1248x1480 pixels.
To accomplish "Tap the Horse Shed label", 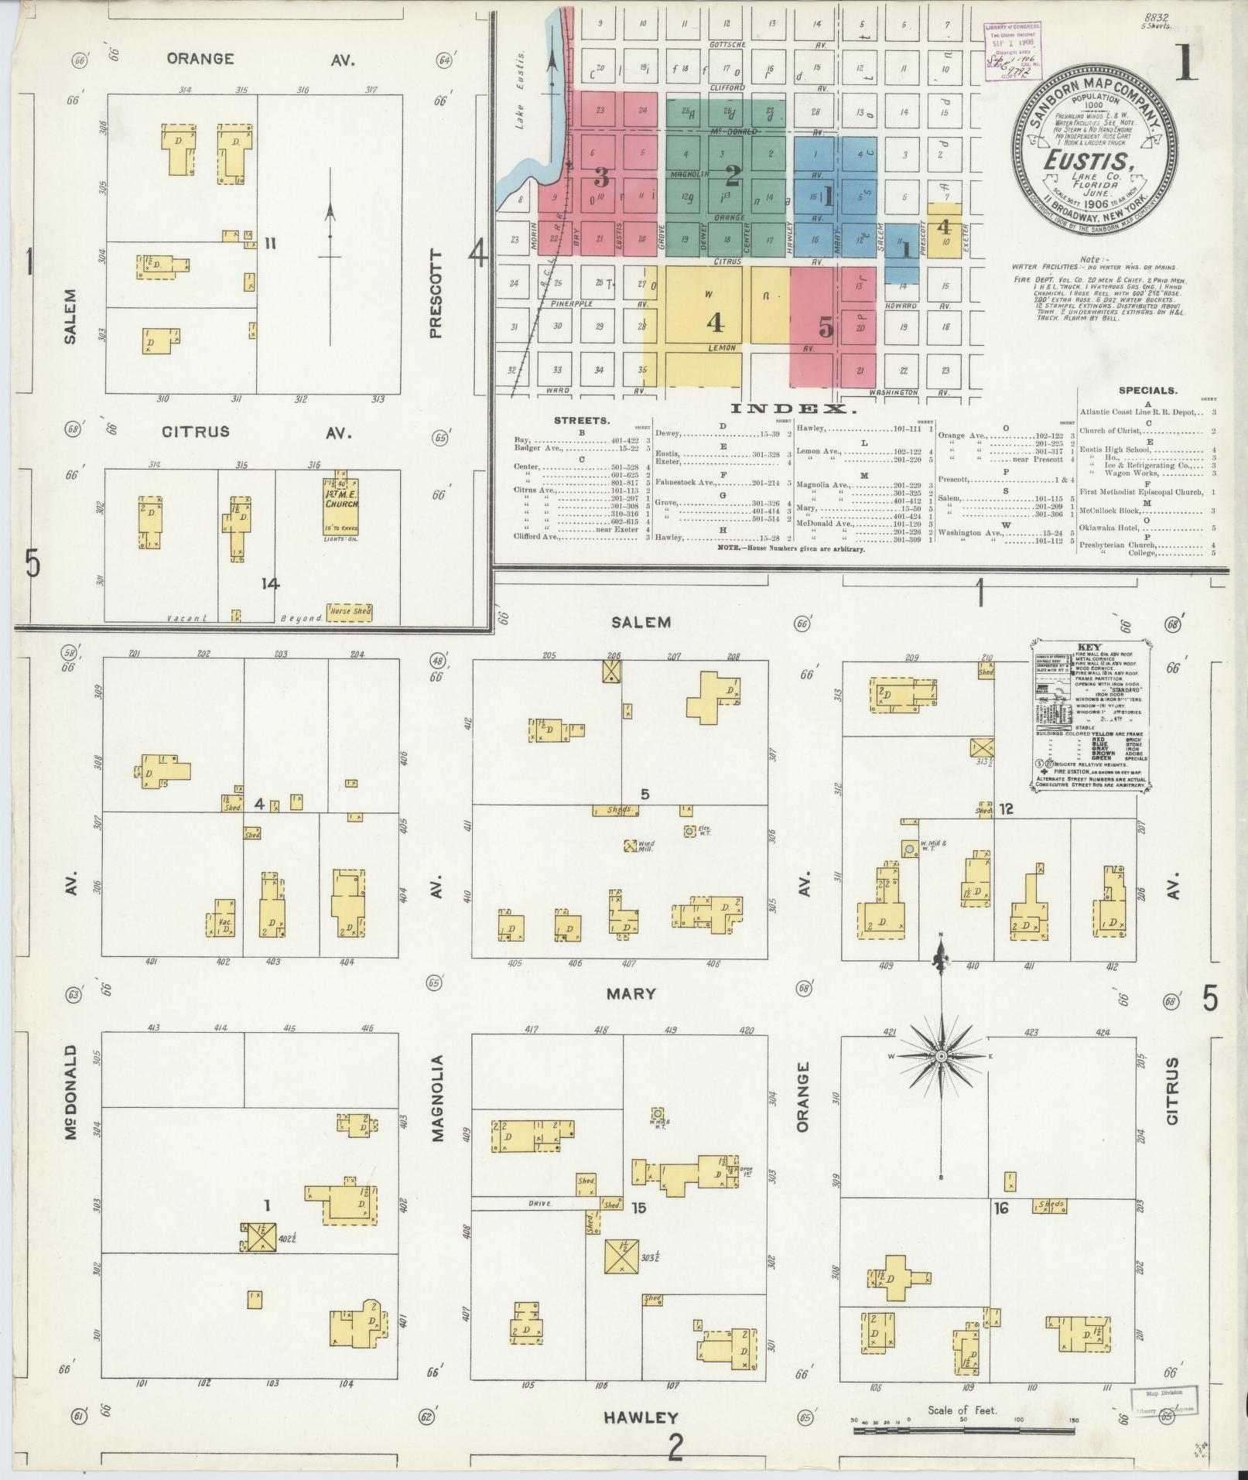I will (x=349, y=611).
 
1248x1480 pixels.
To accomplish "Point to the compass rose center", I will (x=941, y=1057).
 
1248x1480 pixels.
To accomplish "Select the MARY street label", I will (x=631, y=993).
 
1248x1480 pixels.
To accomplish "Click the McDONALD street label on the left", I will (x=72, y=1093).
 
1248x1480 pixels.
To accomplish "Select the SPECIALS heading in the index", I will (x=1147, y=391).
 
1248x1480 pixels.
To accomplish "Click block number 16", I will (x=1002, y=1230).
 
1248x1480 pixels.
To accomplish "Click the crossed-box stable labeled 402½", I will (x=257, y=1260).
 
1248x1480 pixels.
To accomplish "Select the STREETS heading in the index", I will (x=582, y=420).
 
